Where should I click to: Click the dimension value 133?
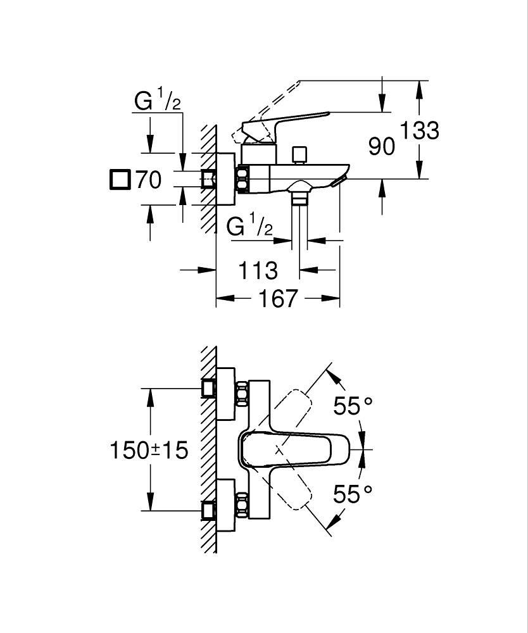pyautogui.click(x=419, y=130)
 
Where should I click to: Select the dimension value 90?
pyautogui.click(x=382, y=147)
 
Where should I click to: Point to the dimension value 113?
pyautogui.click(x=258, y=270)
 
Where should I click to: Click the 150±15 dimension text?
pyautogui.click(x=149, y=451)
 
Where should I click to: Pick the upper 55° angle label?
pyautogui.click(x=353, y=406)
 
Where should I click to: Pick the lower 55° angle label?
pyautogui.click(x=353, y=494)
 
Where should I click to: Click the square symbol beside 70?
pyautogui.click(x=120, y=180)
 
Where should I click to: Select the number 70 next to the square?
pyautogui.click(x=148, y=180)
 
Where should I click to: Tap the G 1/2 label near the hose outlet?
pyautogui.click(x=249, y=226)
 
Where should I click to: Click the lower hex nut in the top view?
pyautogui.click(x=241, y=505)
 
